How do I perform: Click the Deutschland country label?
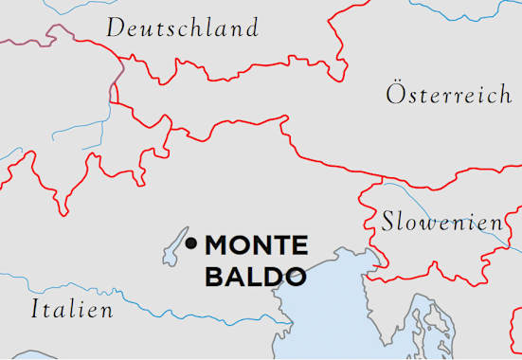[x=182, y=27]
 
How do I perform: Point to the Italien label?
[x=72, y=309]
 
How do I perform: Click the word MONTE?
[x=257, y=245]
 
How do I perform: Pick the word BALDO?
[x=256, y=277]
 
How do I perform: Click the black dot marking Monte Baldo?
[x=191, y=244]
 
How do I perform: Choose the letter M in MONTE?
[x=219, y=245]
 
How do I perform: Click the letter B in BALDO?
[x=216, y=277]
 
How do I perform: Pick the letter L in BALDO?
[x=256, y=277]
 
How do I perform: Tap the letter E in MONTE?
[x=298, y=245]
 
